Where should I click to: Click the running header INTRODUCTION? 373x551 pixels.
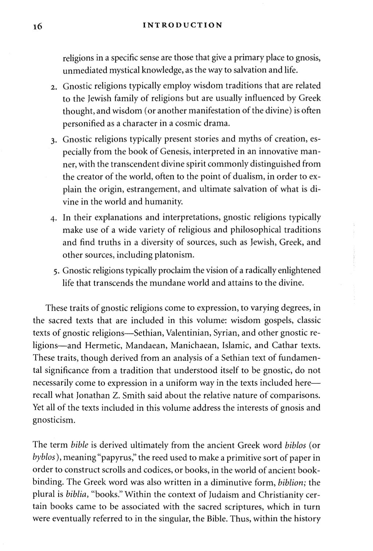182,25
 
